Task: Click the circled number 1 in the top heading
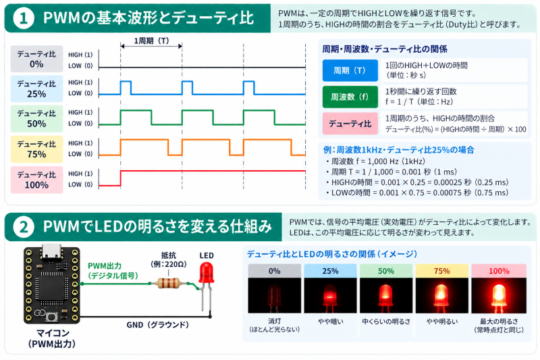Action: pos(24,18)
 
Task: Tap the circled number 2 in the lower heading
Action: pos(24,227)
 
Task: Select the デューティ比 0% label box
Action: pos(36,59)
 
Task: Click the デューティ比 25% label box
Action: pos(36,89)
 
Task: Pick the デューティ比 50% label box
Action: pos(36,119)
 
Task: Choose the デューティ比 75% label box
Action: pos(36,149)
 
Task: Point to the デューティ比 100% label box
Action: pos(36,180)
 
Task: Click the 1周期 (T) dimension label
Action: pos(151,41)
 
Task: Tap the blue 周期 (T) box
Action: pos(350,71)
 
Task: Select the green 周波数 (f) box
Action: pos(350,97)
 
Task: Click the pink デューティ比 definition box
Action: pos(350,124)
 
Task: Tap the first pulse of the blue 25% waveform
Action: pos(126,88)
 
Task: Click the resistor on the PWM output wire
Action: pos(167,283)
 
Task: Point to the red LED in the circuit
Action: pos(207,272)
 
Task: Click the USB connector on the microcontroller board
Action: pos(51,251)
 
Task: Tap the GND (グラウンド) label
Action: pos(157,325)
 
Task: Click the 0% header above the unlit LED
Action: pos(275,271)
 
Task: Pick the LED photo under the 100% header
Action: pos(499,296)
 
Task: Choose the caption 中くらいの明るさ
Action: pos(386,322)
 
